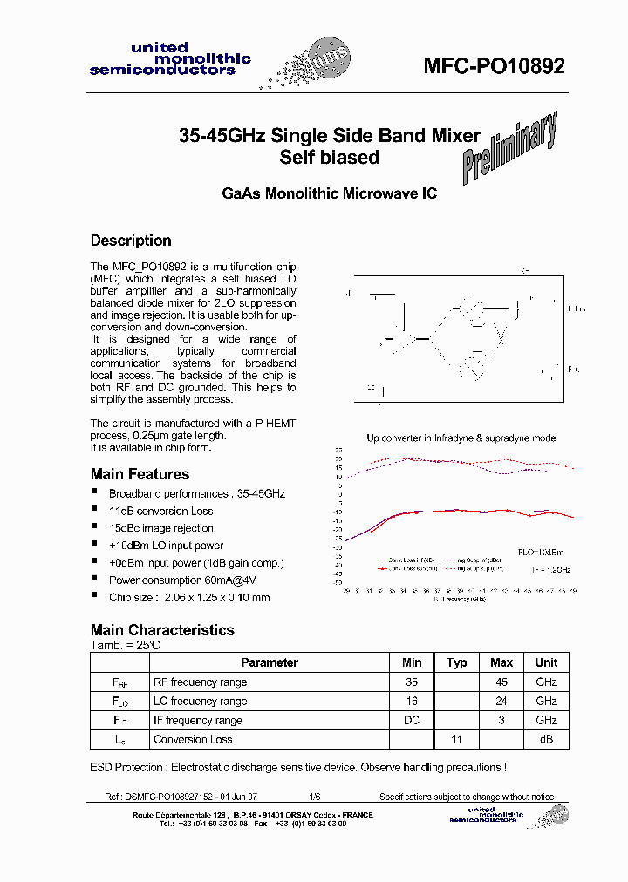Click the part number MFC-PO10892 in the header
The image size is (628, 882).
pos(494,67)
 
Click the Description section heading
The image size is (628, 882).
pos(131,241)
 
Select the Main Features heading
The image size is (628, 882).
pos(140,474)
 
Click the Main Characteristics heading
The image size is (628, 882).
pos(162,630)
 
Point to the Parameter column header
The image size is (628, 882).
pos(270,662)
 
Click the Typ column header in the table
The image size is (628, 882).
pos(456,662)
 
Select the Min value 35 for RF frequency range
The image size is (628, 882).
pos(412,682)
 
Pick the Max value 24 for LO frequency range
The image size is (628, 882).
pos(502,702)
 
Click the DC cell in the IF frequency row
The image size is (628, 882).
pos(412,721)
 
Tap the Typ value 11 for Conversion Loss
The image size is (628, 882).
pos(456,740)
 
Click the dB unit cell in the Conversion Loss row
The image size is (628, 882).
pos(546,740)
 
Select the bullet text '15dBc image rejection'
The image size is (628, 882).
pos(160,528)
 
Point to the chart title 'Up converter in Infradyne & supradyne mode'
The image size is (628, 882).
pos(461,438)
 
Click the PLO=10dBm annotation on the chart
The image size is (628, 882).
pos(542,553)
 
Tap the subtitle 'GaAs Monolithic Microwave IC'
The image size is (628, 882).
pos(328,194)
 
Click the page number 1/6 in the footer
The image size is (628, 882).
pos(314,797)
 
